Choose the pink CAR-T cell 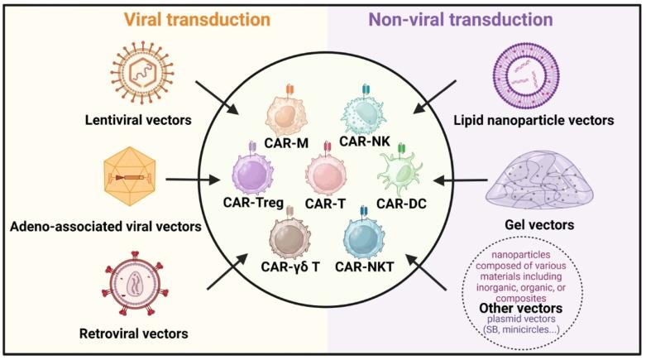(x=322, y=176)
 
